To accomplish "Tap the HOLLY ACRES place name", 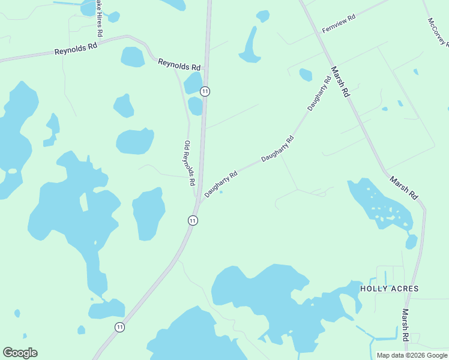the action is (389, 289).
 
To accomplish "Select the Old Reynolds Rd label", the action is (190, 163).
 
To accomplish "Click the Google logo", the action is (20, 353).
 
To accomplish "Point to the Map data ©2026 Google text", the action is (412, 355).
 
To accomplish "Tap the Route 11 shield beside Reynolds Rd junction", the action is (205, 91).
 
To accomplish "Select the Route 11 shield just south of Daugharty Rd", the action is (192, 221).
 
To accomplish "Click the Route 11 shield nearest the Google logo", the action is (120, 327).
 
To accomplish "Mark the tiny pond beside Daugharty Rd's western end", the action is (221, 193).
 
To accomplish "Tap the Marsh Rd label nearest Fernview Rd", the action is (339, 82).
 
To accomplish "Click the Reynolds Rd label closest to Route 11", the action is (179, 64).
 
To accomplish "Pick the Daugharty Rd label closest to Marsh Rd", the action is (319, 94).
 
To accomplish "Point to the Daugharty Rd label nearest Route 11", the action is (221, 184).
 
